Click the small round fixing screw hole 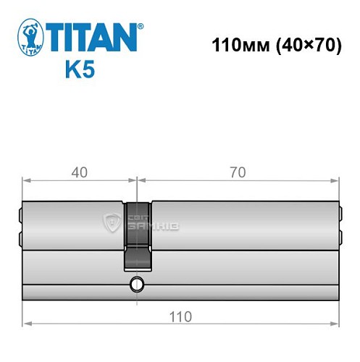[135, 284]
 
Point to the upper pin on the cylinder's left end [20, 214]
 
